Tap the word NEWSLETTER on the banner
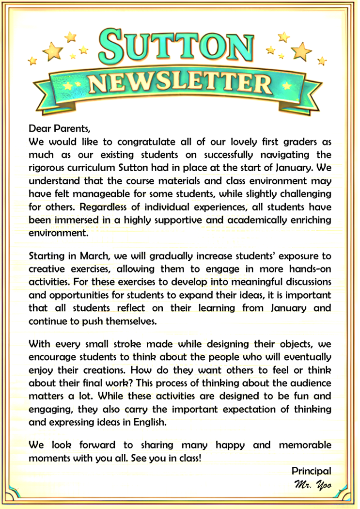click(180, 83)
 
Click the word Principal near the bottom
click(312, 471)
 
